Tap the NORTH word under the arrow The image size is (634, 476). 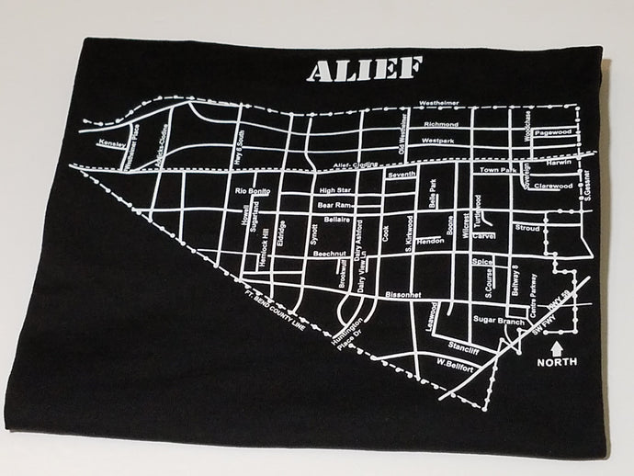point(559,361)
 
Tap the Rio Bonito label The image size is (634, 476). point(253,190)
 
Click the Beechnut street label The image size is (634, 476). point(329,252)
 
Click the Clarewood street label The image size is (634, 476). point(554,186)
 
